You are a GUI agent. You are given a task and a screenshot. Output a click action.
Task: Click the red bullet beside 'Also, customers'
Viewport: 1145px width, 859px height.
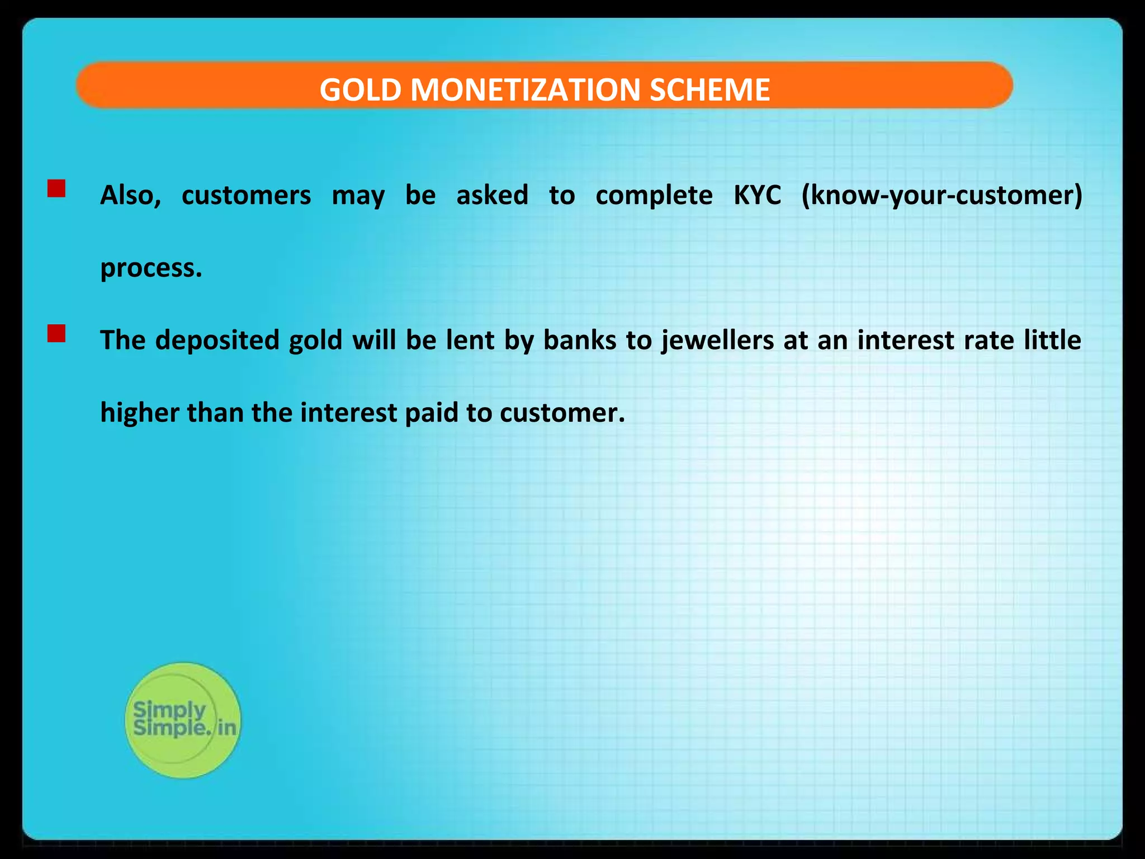pyautogui.click(x=56, y=188)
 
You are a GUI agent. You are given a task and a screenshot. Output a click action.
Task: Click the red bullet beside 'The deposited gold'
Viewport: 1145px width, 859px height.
pyautogui.click(x=56, y=333)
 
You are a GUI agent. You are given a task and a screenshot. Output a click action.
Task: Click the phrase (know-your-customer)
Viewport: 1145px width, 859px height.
pyautogui.click(x=941, y=195)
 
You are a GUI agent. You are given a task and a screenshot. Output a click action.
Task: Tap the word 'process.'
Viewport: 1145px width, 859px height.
pyautogui.click(x=151, y=268)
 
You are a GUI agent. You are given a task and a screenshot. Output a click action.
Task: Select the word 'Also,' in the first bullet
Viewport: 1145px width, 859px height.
pyautogui.click(x=130, y=195)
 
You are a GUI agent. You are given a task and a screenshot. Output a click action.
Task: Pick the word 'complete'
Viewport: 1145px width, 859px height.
pyautogui.click(x=654, y=195)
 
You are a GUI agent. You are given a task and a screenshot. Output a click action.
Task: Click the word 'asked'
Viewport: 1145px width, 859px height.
pyautogui.click(x=492, y=195)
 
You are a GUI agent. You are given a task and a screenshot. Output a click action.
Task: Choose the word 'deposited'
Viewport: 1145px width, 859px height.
pyautogui.click(x=217, y=340)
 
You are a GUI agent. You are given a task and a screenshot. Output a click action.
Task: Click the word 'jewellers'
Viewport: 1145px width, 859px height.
pyautogui.click(x=717, y=340)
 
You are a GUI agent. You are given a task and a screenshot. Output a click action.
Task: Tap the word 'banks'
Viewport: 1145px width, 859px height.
pyautogui.click(x=579, y=340)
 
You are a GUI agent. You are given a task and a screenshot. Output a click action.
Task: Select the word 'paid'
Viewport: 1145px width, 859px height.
pyautogui.click(x=431, y=413)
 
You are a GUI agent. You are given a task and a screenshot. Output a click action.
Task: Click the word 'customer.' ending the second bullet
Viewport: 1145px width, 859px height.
pyautogui.click(x=562, y=413)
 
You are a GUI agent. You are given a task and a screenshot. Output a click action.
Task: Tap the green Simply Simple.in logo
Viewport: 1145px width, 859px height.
pyautogui.click(x=183, y=720)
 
